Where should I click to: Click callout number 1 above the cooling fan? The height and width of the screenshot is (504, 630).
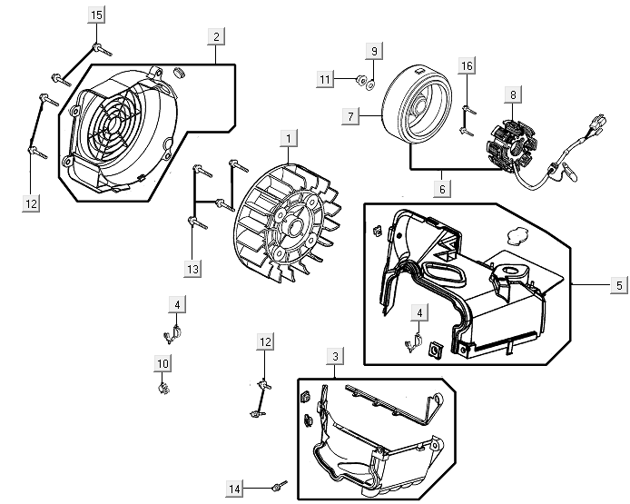pyautogui.click(x=288, y=139)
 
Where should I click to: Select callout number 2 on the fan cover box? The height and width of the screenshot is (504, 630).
pyautogui.click(x=215, y=36)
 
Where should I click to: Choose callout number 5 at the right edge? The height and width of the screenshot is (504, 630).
pyautogui.click(x=618, y=284)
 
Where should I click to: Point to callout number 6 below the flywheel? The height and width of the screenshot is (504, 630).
pyautogui.click(x=443, y=189)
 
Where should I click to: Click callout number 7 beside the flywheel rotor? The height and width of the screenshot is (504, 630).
pyautogui.click(x=349, y=116)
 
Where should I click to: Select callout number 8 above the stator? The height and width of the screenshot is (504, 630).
pyautogui.click(x=513, y=94)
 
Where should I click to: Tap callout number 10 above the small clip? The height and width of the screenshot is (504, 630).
pyautogui.click(x=162, y=364)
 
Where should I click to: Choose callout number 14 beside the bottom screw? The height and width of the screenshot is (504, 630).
pyautogui.click(x=235, y=489)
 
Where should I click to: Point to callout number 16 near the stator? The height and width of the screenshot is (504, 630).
pyautogui.click(x=467, y=66)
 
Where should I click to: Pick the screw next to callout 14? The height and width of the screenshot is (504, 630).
pyautogui.click(x=279, y=484)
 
